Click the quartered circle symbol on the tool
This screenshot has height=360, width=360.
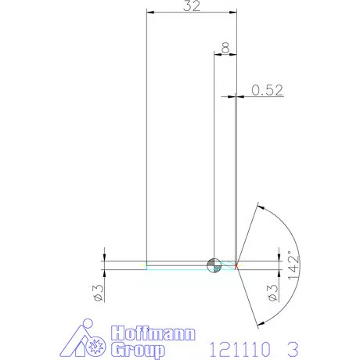pyautogui.click(x=212, y=265)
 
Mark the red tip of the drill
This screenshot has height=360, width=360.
pyautogui.click(x=237, y=265)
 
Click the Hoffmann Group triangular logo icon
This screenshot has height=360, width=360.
pyautogui.click(x=84, y=339)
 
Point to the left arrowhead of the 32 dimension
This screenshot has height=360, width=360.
pyautogui.click(x=150, y=13)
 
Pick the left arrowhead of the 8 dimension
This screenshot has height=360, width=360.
pyautogui.click(x=217, y=54)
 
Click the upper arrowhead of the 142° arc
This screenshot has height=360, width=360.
pyautogui.click(x=261, y=207)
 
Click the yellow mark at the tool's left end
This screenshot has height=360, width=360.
pyautogui.click(x=146, y=267)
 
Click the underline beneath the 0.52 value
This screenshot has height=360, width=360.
pyautogui.click(x=267, y=96)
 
